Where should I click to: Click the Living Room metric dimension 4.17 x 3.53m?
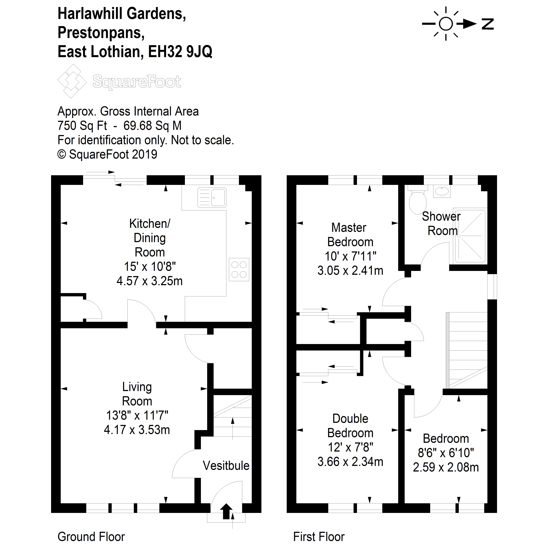tap(137, 430)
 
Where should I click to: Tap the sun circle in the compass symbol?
tap(446, 24)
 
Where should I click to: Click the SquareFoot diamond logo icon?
tap(72, 81)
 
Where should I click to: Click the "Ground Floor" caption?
tap(91, 537)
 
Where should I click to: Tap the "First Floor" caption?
tap(319, 537)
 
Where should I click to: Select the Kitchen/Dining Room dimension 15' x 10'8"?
tap(150, 267)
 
